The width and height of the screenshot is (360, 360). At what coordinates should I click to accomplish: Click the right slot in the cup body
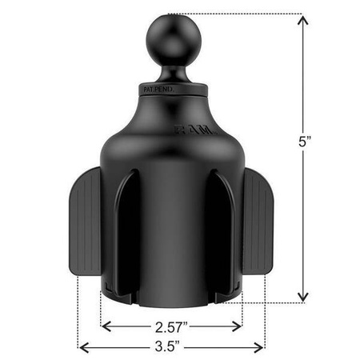pyautogui.click(x=220, y=240)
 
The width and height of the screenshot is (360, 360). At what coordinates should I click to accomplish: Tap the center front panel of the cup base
pyautogui.click(x=170, y=240)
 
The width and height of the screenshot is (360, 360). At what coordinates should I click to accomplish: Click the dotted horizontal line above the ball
pyautogui.click(x=240, y=13)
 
